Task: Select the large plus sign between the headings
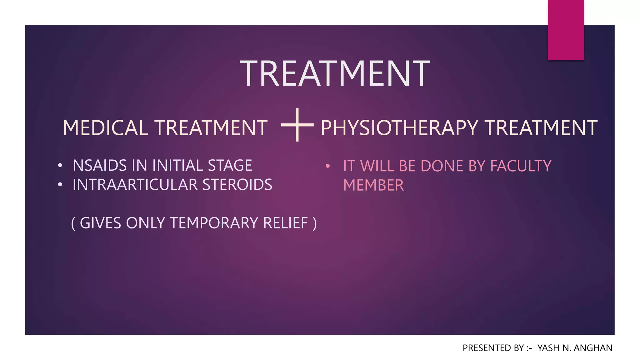tap(297, 125)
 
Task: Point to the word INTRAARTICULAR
tap(135, 185)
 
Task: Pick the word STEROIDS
tap(237, 185)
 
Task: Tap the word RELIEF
tap(286, 223)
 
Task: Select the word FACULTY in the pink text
tap(521, 166)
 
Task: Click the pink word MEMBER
tap(373, 185)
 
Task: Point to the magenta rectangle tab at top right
tap(566, 30)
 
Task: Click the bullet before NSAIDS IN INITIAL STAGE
tap(60, 166)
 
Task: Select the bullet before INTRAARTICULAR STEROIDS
tap(60, 185)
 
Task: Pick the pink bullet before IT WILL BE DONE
tap(327, 166)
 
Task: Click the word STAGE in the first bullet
tap(230, 165)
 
